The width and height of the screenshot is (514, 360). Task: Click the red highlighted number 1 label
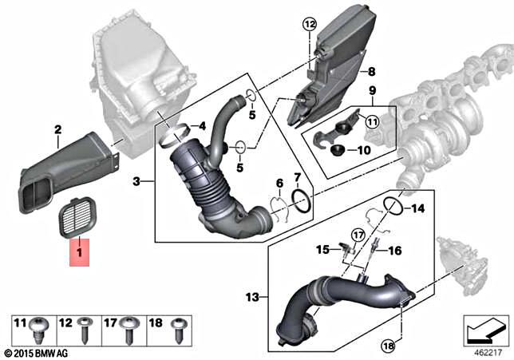tap(78, 255)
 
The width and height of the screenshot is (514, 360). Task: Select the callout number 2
tap(57, 129)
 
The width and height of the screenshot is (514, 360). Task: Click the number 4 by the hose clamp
tap(203, 126)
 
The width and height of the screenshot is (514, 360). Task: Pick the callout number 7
tap(297, 176)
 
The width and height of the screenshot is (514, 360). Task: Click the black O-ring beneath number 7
tap(302, 200)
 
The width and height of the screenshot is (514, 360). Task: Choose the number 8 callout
tap(370, 72)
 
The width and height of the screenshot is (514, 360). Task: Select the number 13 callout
tap(251, 297)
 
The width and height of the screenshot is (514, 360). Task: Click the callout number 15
tap(322, 250)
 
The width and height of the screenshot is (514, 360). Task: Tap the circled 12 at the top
tap(309, 26)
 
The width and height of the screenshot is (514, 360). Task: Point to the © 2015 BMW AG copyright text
tap(37, 352)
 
